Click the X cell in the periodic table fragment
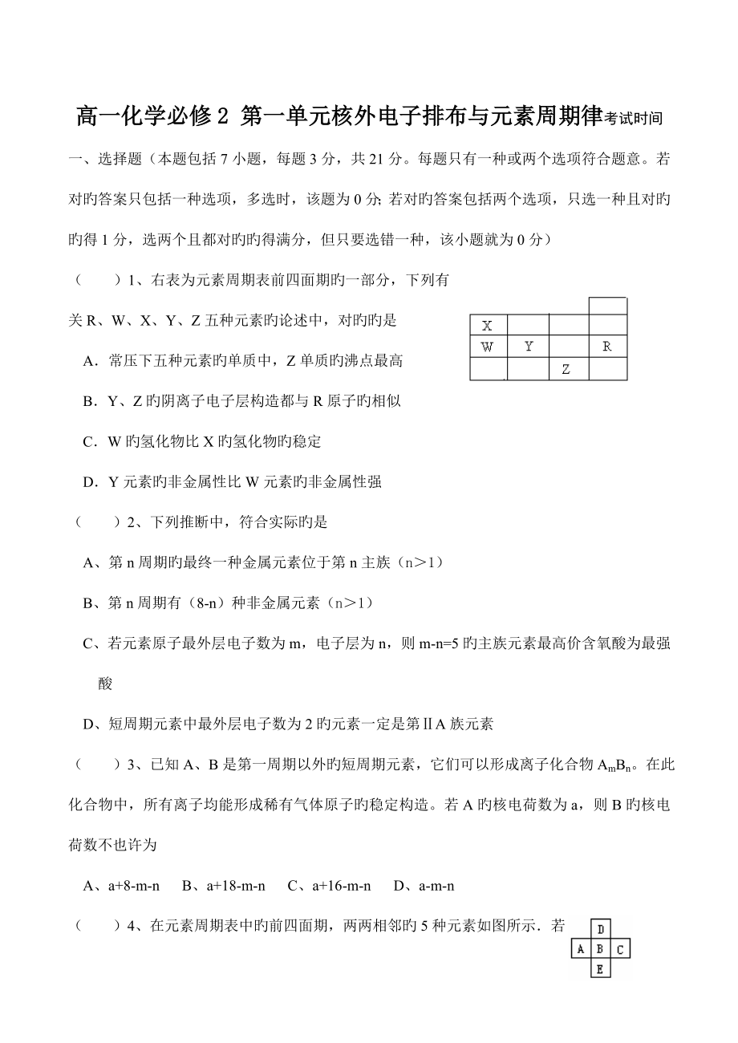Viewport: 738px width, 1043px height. [487, 326]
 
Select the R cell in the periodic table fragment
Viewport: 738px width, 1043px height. [607, 347]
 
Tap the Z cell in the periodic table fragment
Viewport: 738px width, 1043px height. [566, 369]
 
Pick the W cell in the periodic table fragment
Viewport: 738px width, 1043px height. [487, 347]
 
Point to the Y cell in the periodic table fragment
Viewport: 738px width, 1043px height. [529, 347]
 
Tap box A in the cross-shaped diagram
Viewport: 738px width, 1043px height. [581, 950]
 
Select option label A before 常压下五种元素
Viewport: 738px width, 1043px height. [89, 361]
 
